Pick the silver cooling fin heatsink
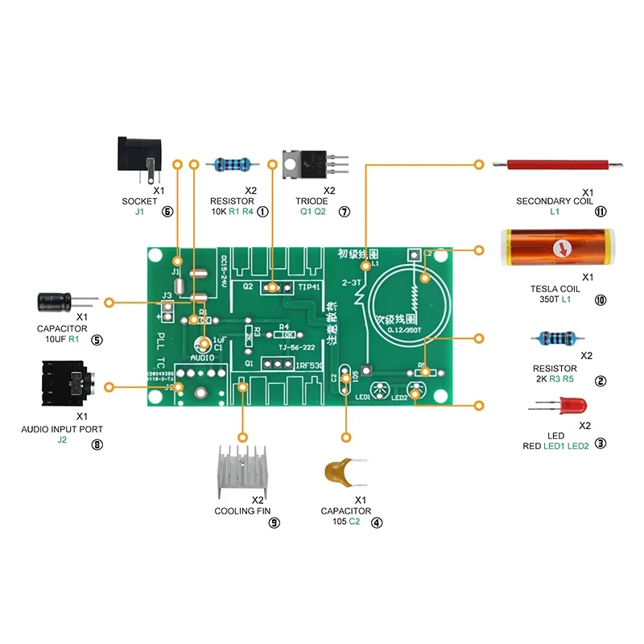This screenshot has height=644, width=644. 241,470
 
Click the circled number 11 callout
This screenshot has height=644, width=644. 600,212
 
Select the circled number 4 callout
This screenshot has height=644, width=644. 377,522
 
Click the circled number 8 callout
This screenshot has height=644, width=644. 97,443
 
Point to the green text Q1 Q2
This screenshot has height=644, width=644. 313,212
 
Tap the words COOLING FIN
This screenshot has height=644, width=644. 242,511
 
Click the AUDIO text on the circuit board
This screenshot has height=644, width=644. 202,357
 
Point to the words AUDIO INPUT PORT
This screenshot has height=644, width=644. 62,430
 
